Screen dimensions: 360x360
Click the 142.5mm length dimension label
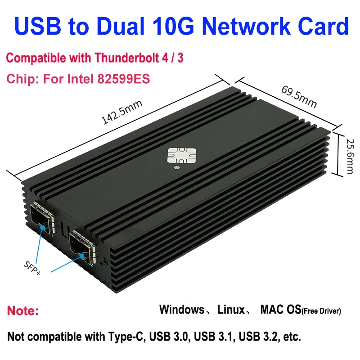122,112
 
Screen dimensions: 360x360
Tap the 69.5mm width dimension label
299,96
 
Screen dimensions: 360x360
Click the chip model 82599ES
121,78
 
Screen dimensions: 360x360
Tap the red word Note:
23,310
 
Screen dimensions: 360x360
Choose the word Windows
181,310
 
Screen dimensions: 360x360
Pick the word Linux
231,310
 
